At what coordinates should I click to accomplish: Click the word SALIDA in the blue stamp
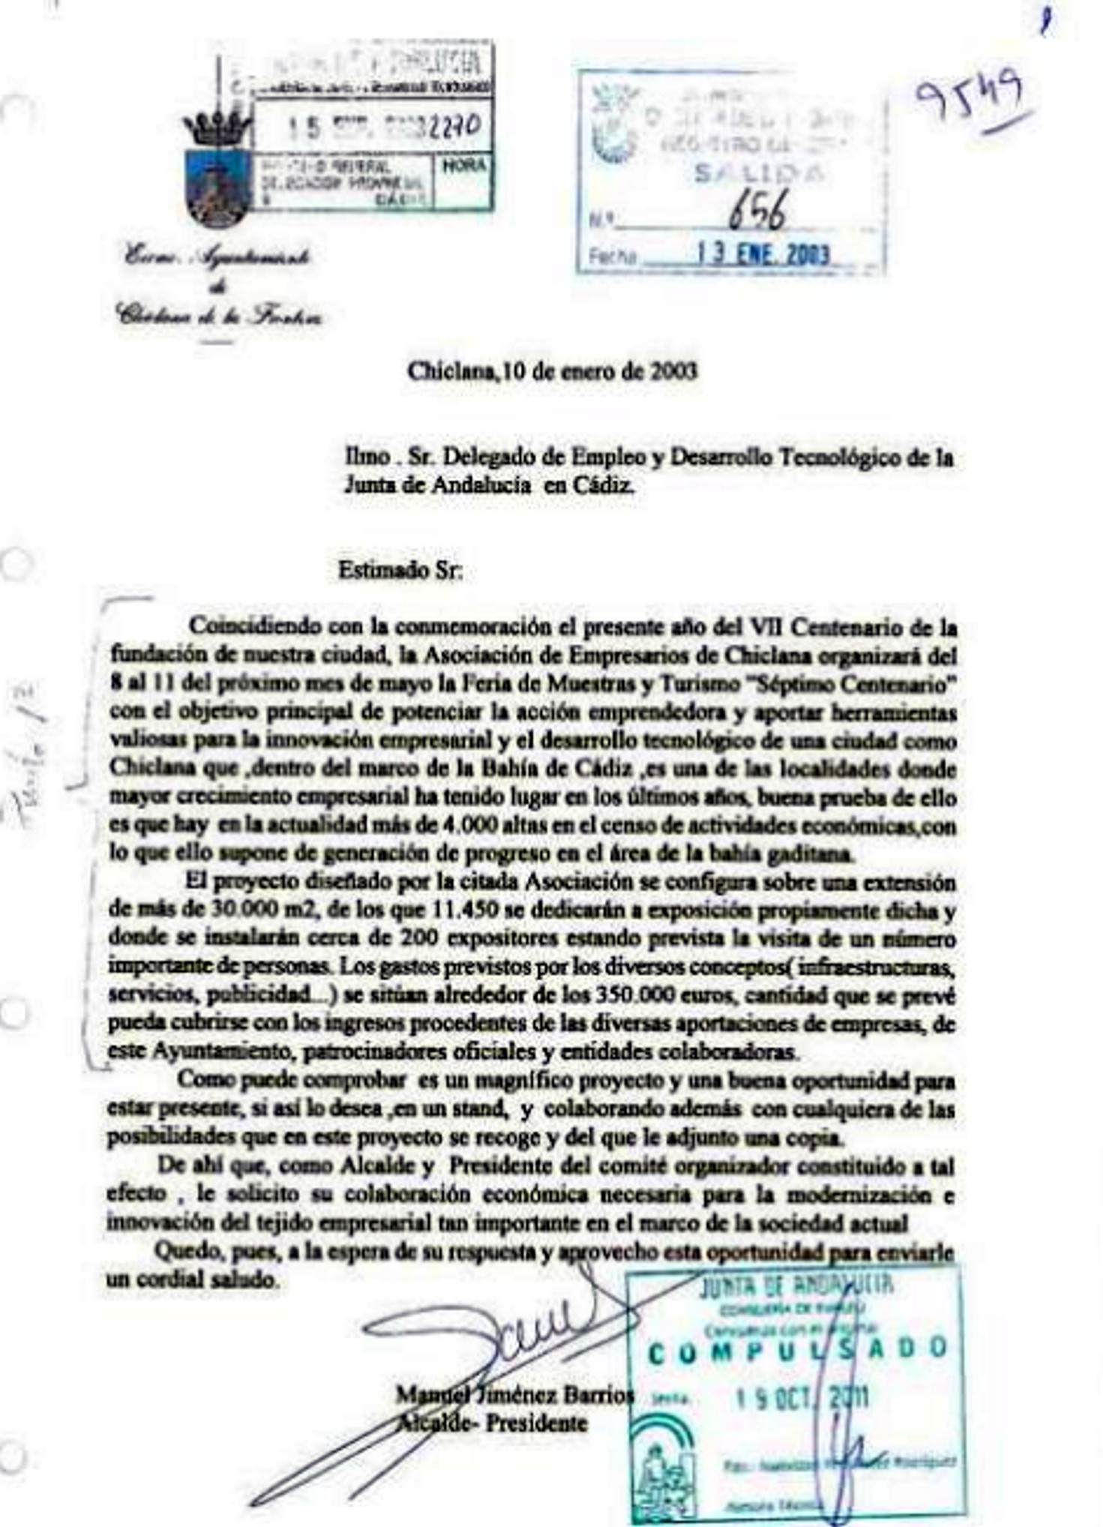(759, 173)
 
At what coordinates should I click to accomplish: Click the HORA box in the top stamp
(464, 166)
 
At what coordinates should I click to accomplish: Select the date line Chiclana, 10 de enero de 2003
(552, 371)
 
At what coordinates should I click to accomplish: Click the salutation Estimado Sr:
(400, 571)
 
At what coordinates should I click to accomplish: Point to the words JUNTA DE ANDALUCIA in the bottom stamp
(796, 1286)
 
